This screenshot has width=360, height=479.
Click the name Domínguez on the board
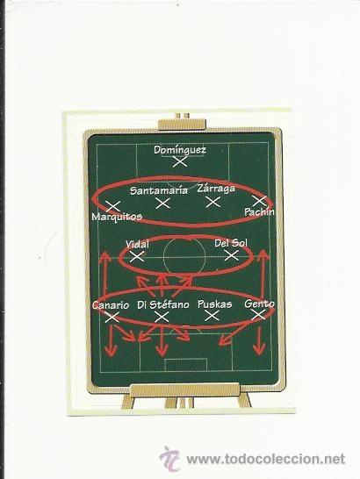click(180, 150)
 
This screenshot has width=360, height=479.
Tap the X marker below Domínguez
click(180, 161)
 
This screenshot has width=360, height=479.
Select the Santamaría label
click(159, 190)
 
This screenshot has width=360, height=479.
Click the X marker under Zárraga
click(212, 202)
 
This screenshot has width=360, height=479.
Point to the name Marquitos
click(117, 217)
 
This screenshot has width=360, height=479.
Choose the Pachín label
click(259, 211)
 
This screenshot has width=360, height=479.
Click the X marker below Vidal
click(137, 256)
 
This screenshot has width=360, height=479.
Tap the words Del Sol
click(231, 243)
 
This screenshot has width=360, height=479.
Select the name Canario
click(111, 305)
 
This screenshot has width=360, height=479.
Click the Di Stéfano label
click(163, 304)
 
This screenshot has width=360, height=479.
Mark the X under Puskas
click(212, 316)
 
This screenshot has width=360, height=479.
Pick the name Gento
click(259, 304)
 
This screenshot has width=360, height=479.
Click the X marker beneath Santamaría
click(162, 204)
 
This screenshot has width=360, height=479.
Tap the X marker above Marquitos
click(113, 206)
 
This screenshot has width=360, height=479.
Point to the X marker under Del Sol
click(232, 255)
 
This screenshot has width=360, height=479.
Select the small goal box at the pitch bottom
click(185, 365)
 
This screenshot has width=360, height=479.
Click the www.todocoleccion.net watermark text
click(265, 459)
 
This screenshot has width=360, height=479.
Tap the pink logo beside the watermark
click(169, 459)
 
